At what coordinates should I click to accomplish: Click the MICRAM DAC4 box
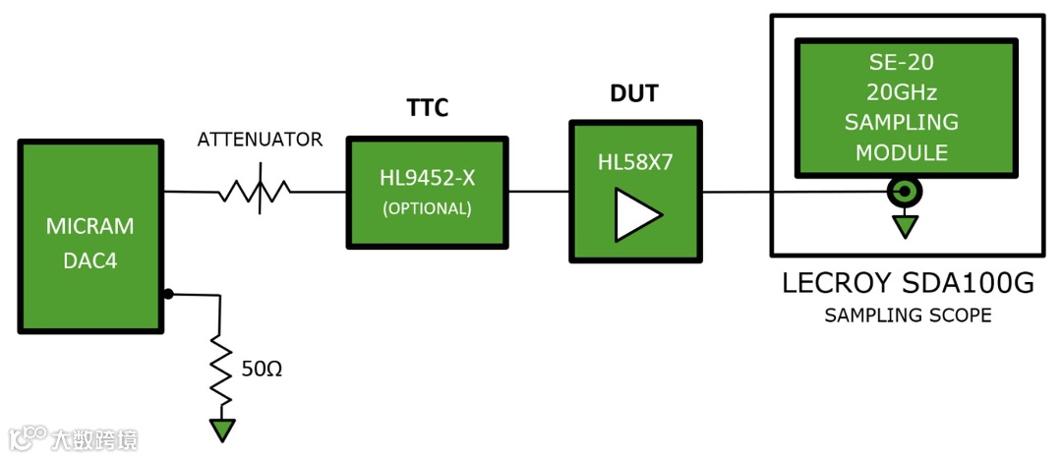(89, 236)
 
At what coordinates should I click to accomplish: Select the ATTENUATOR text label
(260, 140)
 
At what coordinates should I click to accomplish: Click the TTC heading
(427, 107)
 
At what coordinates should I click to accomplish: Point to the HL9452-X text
(427, 179)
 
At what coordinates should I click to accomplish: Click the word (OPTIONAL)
(427, 208)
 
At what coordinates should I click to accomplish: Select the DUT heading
(634, 94)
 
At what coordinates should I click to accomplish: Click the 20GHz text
(901, 93)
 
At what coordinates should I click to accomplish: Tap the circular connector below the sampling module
(904, 191)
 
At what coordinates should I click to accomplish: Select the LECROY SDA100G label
(908, 284)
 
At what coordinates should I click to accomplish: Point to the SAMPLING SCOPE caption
(908, 316)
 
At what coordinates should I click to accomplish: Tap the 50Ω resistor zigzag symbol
(221, 369)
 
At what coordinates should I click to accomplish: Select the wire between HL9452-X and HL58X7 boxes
(539, 191)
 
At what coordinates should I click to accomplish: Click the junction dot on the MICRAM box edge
(168, 293)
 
